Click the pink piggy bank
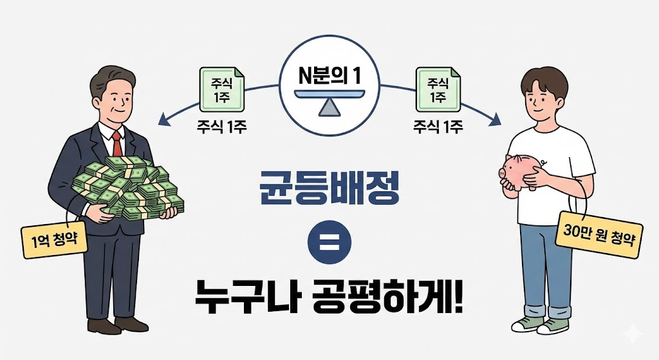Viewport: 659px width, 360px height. point(521,171)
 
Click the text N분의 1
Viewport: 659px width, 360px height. point(329,73)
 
